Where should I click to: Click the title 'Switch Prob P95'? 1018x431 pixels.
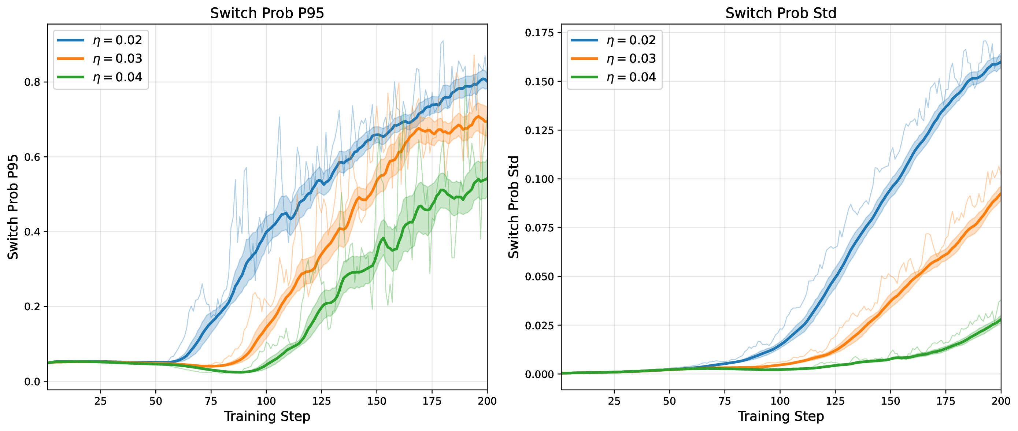tap(267, 13)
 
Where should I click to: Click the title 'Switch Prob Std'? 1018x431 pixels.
tap(781, 13)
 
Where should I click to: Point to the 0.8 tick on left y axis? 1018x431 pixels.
tap(32, 82)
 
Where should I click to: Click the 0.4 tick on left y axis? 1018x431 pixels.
tap(32, 232)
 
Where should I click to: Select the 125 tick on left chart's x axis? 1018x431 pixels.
tap(321, 401)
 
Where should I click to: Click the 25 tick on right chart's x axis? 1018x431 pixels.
tap(614, 401)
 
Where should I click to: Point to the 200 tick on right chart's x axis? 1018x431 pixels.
tap(1001, 401)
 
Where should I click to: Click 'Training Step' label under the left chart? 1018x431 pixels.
tap(267, 416)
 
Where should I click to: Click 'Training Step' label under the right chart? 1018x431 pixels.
tap(781, 416)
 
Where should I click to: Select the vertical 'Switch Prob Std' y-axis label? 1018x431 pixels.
tap(513, 207)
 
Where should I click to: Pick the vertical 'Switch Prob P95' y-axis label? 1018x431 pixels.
tap(13, 207)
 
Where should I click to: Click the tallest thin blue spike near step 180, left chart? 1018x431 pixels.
tap(443, 41)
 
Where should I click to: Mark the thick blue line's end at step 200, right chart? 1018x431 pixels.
tap(1000, 62)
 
